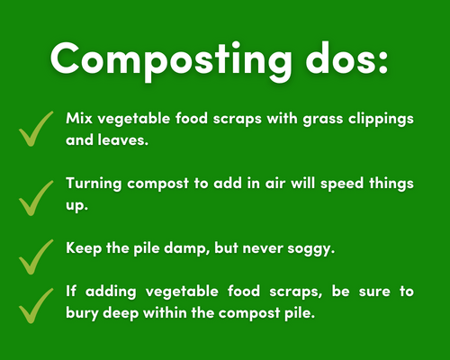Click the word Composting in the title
171,61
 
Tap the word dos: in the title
346,58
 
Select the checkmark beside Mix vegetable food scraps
36,129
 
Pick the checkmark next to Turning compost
36,198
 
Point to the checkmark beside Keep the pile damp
36,256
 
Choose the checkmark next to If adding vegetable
36,306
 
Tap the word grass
323,120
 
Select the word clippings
381,120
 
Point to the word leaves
123,139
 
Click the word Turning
94,184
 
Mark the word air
274,184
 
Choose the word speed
342,184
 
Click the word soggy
310,249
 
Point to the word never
263,249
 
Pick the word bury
82,313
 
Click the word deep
121,313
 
